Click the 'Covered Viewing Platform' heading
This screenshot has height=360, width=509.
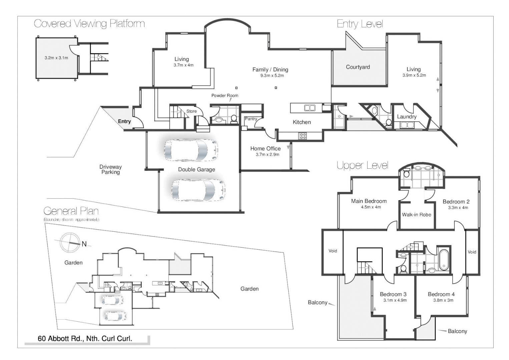tap(89, 24)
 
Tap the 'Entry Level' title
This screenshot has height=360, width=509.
tap(360, 24)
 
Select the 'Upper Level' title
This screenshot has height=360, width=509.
tap(362, 165)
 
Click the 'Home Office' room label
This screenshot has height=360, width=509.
tap(266, 149)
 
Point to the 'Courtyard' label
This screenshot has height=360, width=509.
tap(358, 67)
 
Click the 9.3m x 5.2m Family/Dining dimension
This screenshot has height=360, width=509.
tap(272, 76)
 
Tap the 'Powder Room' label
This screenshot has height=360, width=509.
tap(225, 96)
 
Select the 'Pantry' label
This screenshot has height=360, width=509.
tap(251, 119)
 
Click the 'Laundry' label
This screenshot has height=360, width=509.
tap(407, 117)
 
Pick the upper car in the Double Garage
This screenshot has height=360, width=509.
tap(191, 150)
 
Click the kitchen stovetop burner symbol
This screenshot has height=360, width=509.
tap(303, 136)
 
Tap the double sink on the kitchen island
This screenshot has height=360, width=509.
tap(310, 108)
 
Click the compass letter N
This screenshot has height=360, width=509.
tap(84, 244)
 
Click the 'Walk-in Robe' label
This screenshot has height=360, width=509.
tap(416, 215)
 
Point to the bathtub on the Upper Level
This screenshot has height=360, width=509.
tap(444, 259)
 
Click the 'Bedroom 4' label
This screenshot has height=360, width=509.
tap(441, 294)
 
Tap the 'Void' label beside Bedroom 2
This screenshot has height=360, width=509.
tap(472, 252)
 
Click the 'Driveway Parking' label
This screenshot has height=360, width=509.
tap(110, 169)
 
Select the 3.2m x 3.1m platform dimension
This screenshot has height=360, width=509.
tap(56, 58)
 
